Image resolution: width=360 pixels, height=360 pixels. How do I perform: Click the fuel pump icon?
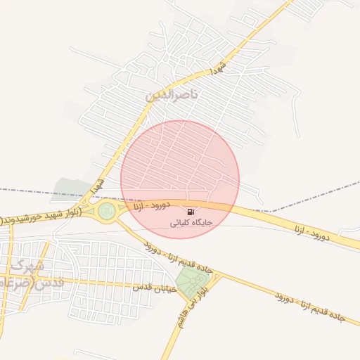pos(191,212)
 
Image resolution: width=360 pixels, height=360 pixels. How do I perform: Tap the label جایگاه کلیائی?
pos(191,222)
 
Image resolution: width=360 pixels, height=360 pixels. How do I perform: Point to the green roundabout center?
pos(106,210)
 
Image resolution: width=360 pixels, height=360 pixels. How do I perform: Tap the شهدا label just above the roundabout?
pos(100,187)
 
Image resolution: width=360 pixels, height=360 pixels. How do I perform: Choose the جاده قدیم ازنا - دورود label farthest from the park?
pos(309,307)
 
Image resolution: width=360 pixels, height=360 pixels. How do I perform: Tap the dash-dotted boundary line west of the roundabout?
pos(28,191)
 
